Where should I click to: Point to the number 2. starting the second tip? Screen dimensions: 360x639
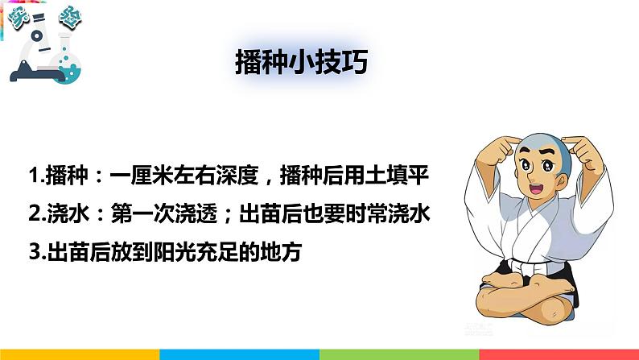(35, 213)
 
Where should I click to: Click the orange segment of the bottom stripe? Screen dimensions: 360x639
(80, 354)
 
